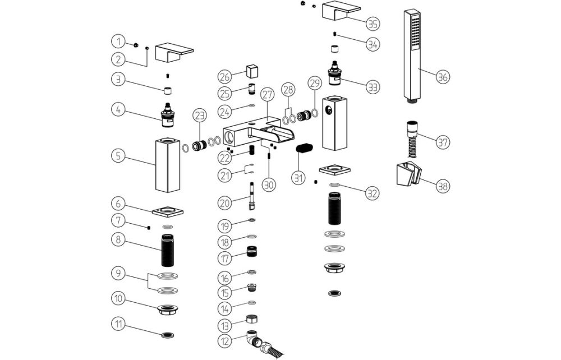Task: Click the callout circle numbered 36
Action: (442, 77)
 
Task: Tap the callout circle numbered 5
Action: (118, 155)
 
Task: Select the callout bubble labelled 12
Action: (226, 340)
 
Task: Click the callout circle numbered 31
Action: (298, 178)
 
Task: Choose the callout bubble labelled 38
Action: (442, 184)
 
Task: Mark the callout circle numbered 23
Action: (200, 116)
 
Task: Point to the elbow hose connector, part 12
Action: (255, 338)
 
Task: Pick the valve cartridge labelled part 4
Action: (168, 114)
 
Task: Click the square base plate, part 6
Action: (168, 211)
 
